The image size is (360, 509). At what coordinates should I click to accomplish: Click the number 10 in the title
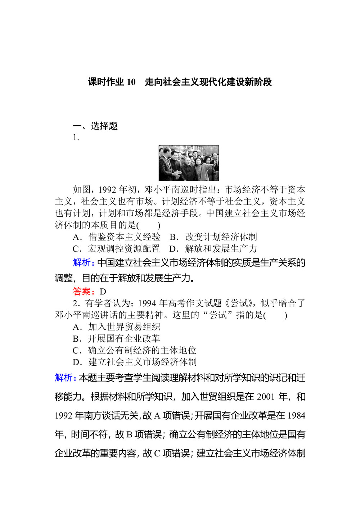[131, 82]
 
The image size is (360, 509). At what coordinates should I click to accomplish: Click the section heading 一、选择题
[95, 126]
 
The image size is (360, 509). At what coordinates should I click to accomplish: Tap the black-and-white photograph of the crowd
[189, 163]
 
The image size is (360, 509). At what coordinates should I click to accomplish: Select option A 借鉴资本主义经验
[117, 237]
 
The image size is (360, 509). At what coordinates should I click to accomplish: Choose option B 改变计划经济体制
[213, 237]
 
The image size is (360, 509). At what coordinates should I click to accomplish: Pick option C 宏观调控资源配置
[116, 249]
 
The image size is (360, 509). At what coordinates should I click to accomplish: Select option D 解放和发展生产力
[213, 249]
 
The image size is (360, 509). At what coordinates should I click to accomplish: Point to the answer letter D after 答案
[103, 292]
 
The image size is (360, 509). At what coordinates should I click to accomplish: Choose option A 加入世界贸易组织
[117, 327]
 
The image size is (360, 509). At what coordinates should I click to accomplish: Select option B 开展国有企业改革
[116, 339]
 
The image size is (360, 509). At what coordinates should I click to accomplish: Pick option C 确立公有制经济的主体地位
[134, 350]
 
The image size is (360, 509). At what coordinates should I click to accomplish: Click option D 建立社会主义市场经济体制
[135, 362]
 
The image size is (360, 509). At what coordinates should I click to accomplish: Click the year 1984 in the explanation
[297, 416]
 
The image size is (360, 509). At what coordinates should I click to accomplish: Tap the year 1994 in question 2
[147, 303]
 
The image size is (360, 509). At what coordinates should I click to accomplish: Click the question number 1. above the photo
[76, 137]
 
